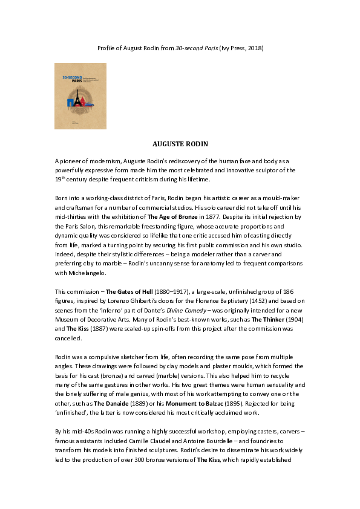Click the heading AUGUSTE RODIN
tap(180, 144)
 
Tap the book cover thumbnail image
tap(80, 96)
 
